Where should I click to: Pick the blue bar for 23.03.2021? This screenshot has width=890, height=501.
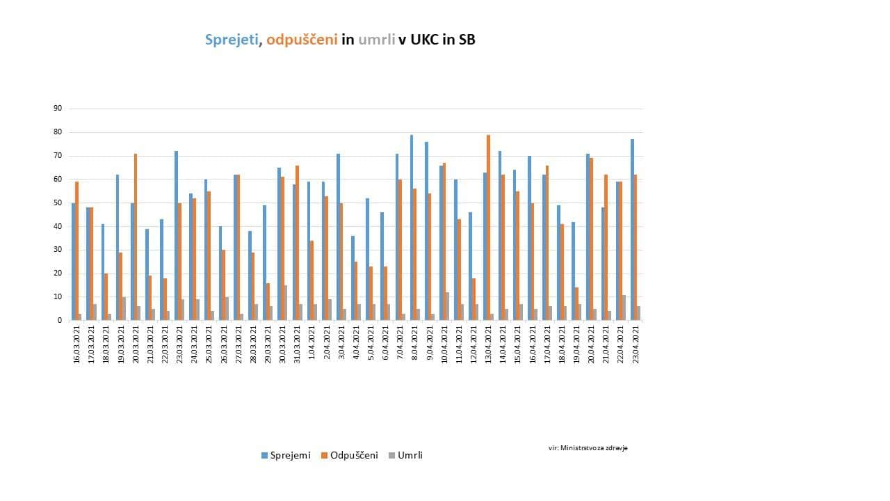[x=177, y=235]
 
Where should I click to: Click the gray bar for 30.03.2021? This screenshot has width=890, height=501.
[x=285, y=303]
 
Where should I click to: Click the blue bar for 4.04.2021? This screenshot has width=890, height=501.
[x=353, y=278]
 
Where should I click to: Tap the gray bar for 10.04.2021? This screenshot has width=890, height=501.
[x=447, y=306]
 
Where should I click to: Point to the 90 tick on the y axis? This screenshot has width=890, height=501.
[x=58, y=109]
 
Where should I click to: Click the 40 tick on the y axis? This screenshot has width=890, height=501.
[x=58, y=226]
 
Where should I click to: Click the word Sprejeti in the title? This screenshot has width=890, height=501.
[x=232, y=40]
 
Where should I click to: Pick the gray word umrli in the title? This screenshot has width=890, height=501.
[x=376, y=40]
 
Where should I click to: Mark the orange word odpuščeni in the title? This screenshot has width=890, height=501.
[x=302, y=40]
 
